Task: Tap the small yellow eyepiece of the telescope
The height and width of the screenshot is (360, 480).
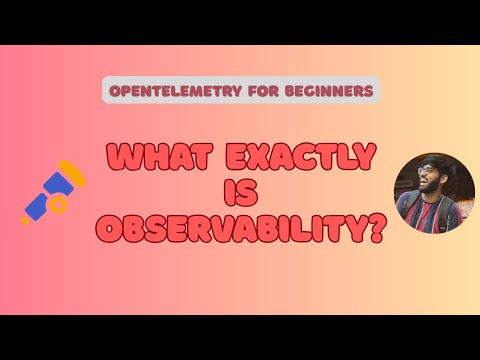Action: pyautogui.click(x=27, y=215)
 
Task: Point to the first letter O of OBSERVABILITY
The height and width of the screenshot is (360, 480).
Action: pyautogui.click(x=109, y=229)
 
